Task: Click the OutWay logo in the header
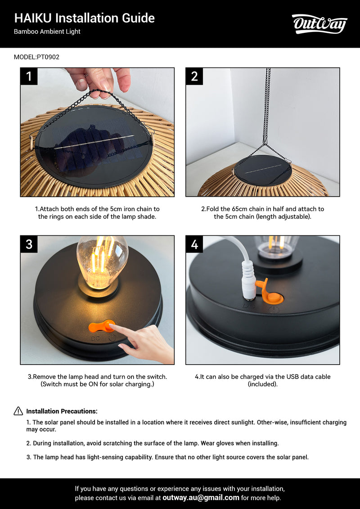319,24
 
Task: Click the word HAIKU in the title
33,18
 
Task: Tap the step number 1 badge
29,77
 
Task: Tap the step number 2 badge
194,77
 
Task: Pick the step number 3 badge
29,244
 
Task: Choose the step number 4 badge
194,244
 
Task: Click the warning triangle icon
18,411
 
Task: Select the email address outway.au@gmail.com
201,497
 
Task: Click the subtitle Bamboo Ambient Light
47,32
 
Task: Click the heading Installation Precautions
62,411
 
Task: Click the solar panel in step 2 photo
263,170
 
